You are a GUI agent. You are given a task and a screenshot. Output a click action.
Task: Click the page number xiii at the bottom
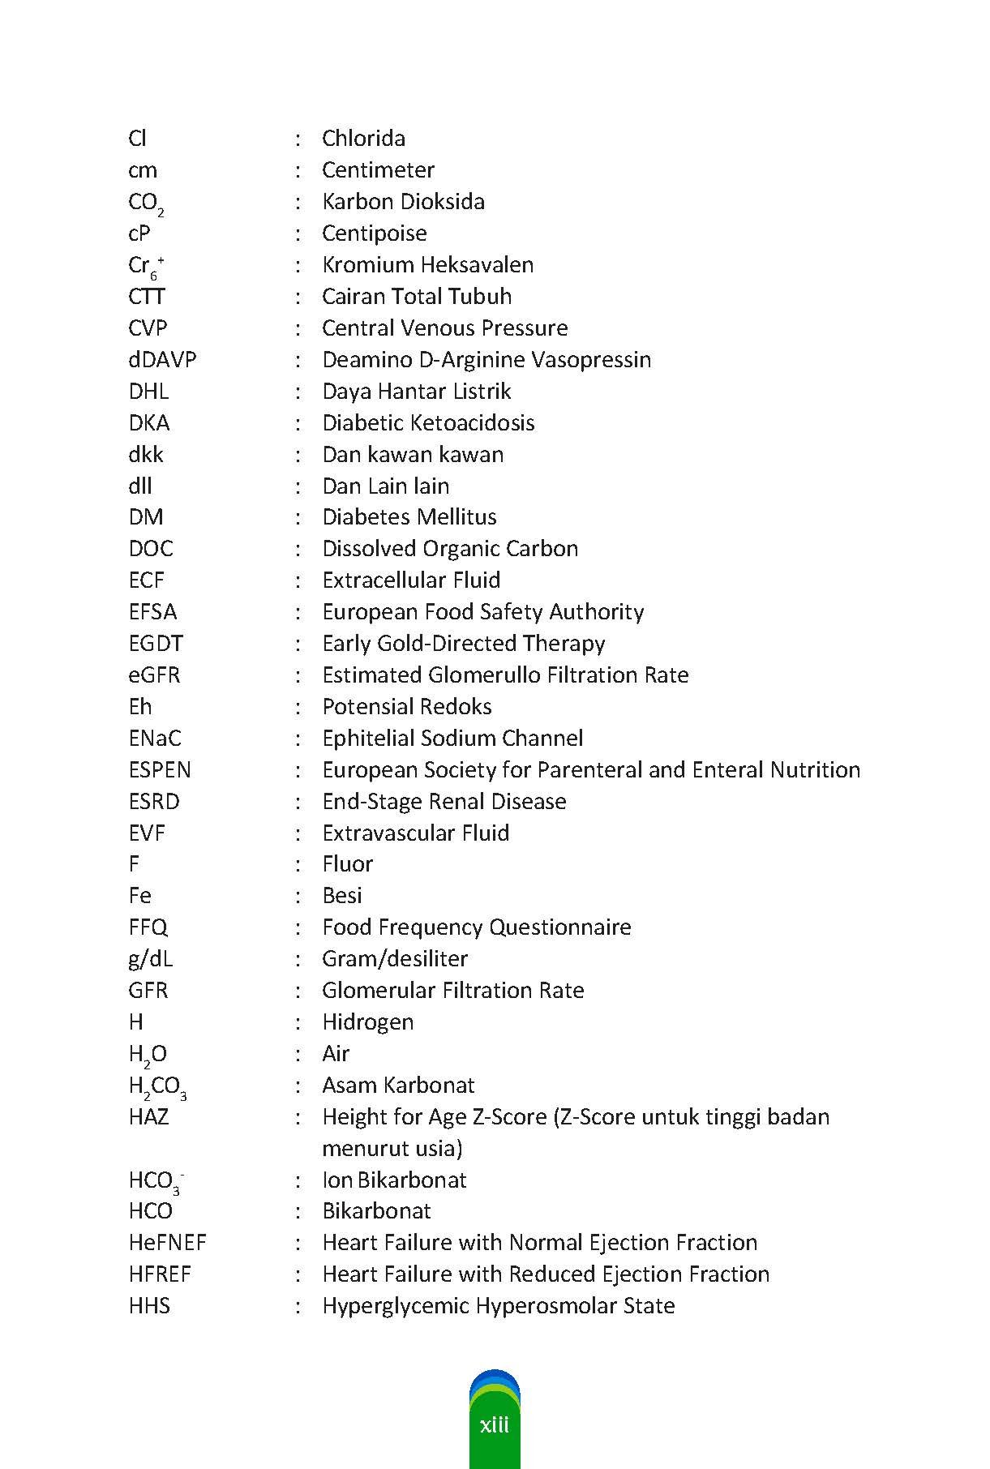click(x=494, y=1424)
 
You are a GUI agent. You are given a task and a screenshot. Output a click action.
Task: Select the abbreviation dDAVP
click(x=162, y=359)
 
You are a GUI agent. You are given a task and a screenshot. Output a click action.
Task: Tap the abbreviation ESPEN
click(x=160, y=769)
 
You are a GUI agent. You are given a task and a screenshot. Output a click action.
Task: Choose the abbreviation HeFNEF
click(x=167, y=1242)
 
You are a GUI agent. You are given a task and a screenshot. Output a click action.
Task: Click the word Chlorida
click(x=363, y=138)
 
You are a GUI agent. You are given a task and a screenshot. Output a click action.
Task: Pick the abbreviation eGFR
click(x=154, y=675)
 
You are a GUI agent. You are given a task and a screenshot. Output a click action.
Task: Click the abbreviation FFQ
click(x=148, y=927)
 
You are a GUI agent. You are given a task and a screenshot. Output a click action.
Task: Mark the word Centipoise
click(x=374, y=233)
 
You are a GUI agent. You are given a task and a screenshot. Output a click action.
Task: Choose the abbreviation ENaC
click(x=155, y=738)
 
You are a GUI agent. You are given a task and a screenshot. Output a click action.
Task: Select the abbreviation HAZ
click(x=148, y=1116)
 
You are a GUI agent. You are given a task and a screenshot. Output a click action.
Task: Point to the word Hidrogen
click(x=367, y=1021)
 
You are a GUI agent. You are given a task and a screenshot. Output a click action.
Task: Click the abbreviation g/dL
click(x=150, y=958)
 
